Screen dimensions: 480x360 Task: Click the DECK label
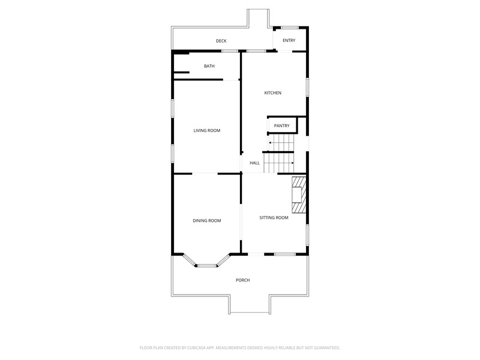[x=221, y=41]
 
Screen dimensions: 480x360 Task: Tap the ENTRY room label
[x=289, y=40]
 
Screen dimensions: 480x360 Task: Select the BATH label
[x=209, y=66]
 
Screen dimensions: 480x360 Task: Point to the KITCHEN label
[x=273, y=93]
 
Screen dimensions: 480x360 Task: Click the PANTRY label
[x=281, y=126]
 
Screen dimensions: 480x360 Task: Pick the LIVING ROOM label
[x=207, y=131]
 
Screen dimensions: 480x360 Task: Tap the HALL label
[x=254, y=163]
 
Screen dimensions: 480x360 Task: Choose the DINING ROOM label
[x=207, y=221]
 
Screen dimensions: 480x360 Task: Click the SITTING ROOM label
[x=274, y=218]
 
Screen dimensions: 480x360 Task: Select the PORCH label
[x=243, y=280]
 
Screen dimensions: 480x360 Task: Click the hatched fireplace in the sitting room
[x=299, y=194]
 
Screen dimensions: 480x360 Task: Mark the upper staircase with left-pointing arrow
[x=281, y=143]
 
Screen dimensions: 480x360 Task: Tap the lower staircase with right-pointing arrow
[x=278, y=163]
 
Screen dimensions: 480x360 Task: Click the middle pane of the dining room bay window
[x=206, y=266]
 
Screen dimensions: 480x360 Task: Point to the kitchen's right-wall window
[x=307, y=87]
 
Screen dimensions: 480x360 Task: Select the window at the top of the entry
[x=290, y=28]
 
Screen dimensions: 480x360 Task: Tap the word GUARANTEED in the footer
[x=327, y=348]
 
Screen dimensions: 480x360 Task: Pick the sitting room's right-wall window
[x=307, y=235]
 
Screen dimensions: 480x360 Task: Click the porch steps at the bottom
[x=250, y=305]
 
